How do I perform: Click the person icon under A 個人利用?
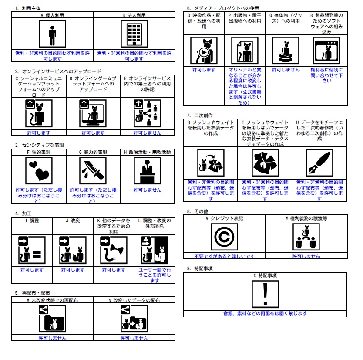click(52, 34)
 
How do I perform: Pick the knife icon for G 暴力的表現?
click(93, 171)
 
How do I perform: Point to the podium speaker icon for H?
click(147, 171)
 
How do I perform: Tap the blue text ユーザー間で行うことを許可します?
click(155, 275)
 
